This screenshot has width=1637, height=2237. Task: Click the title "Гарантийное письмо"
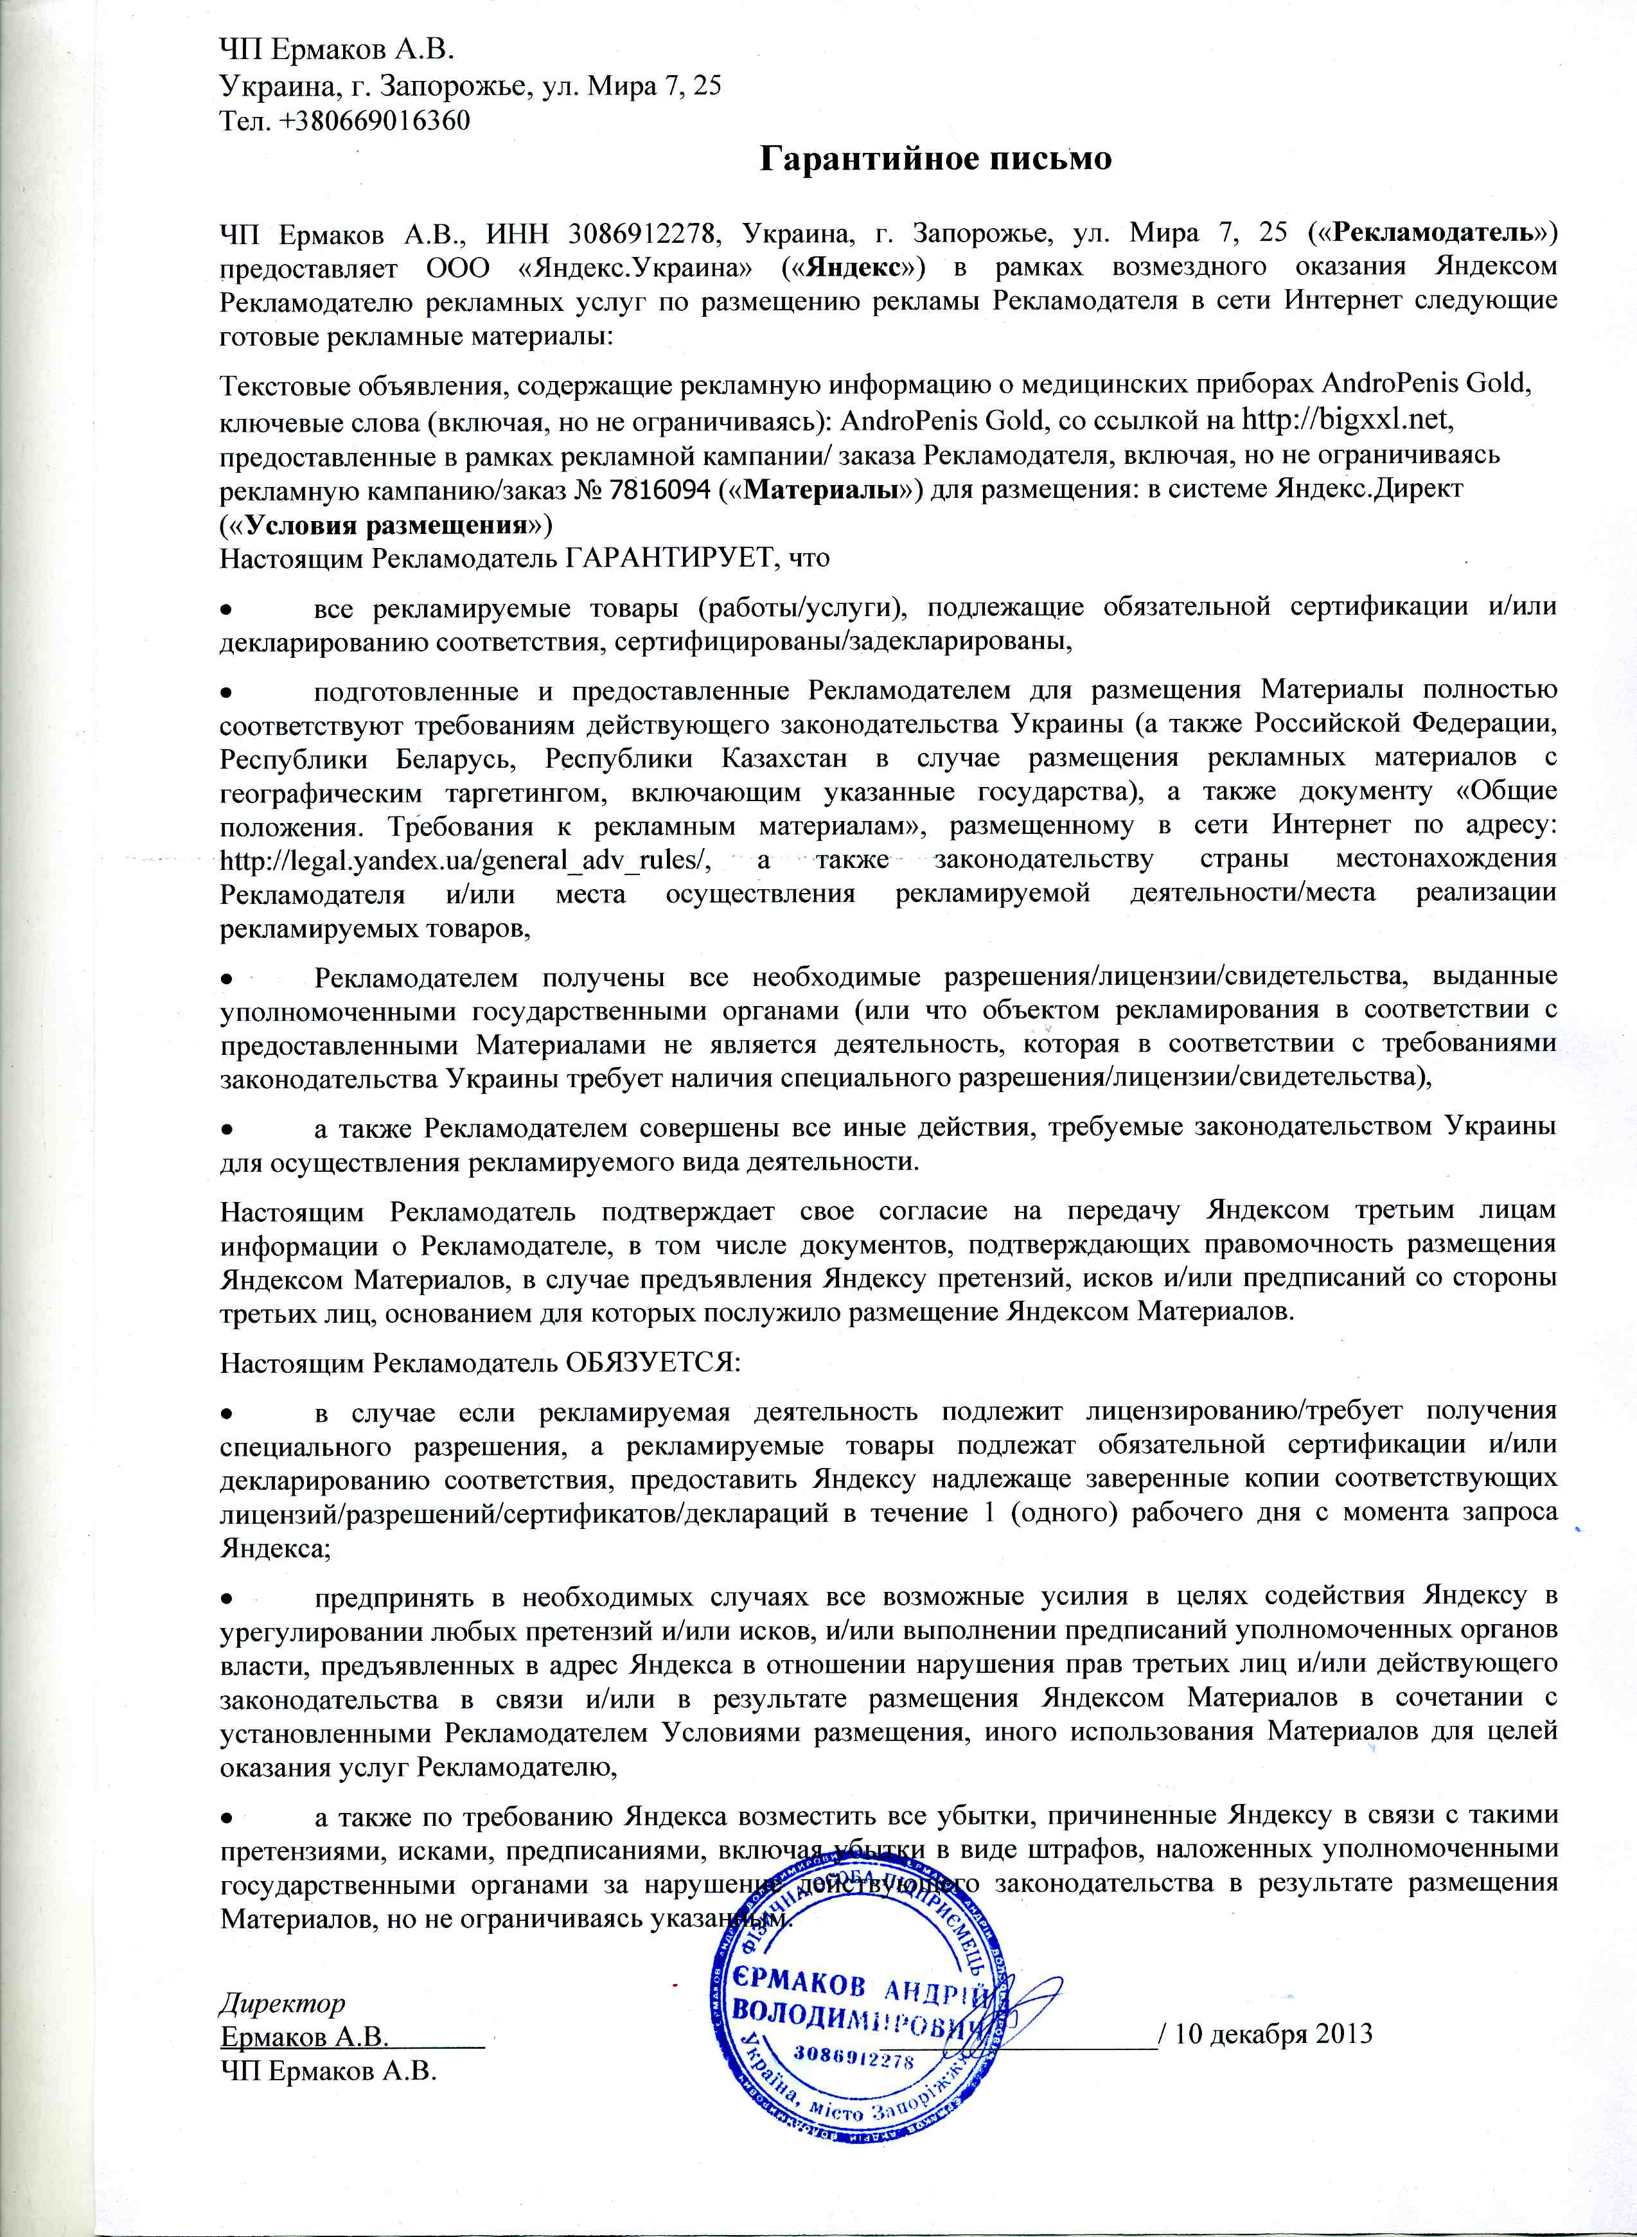pyautogui.click(x=935, y=159)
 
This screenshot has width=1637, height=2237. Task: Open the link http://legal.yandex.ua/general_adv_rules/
pyautogui.click(x=466, y=860)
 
